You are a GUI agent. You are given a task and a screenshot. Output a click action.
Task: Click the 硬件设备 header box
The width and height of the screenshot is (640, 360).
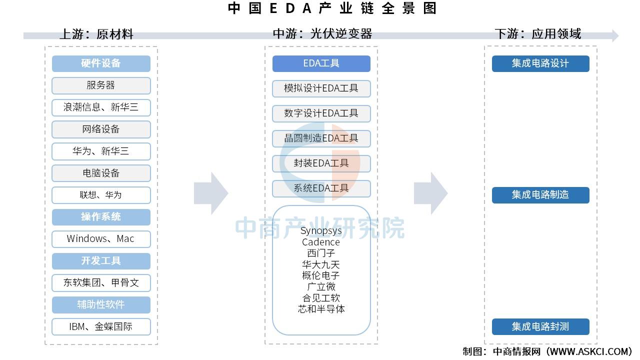point(101,63)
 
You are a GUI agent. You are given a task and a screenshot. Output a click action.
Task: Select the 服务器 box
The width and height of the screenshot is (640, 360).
point(101,85)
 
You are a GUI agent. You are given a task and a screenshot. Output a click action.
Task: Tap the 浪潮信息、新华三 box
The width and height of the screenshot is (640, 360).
point(101,107)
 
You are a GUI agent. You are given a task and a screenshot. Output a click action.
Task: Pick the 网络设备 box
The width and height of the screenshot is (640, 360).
point(101,129)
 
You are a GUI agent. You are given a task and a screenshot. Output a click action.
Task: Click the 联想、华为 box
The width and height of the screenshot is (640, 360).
point(101,195)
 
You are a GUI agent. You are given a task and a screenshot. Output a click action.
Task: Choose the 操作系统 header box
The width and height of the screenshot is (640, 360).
point(101,217)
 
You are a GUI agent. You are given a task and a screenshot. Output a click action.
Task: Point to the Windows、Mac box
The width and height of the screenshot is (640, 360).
point(101,239)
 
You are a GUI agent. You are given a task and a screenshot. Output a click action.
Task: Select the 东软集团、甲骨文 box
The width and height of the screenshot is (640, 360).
point(101,283)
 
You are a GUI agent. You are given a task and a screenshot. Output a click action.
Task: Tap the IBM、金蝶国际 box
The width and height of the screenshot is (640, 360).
point(101,326)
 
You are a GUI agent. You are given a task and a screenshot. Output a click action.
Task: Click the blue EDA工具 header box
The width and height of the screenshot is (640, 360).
point(321,63)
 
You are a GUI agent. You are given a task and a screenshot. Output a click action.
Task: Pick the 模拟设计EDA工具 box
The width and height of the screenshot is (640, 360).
point(321,88)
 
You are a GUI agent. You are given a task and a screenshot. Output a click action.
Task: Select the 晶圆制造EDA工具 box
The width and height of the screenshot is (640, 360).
point(321,138)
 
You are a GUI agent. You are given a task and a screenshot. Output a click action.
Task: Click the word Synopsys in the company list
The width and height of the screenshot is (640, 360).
point(321,231)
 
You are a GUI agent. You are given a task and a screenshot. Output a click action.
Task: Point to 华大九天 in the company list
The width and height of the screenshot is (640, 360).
point(321,264)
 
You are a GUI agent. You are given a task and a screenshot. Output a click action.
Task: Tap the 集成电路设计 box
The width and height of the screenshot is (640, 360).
point(540,63)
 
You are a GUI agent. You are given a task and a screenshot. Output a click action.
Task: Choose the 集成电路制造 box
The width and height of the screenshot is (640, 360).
point(540,195)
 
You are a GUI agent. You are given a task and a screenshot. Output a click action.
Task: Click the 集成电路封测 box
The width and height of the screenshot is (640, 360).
point(540,326)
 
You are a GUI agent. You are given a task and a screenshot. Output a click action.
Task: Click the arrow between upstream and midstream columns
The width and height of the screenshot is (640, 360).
point(211,193)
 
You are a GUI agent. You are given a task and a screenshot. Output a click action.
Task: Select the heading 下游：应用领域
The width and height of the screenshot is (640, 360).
point(538,34)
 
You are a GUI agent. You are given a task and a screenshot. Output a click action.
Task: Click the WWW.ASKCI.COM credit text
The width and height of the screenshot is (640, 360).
point(589,351)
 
